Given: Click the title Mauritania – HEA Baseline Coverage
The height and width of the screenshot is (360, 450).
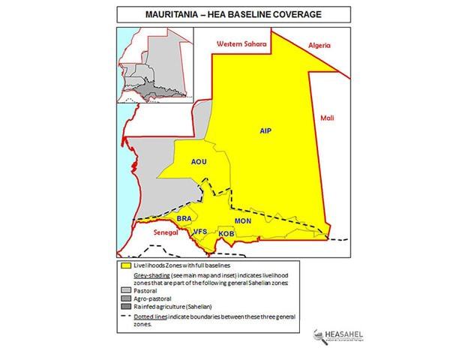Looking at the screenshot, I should [225, 14].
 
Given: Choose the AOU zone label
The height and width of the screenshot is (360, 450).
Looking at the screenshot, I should [199, 161].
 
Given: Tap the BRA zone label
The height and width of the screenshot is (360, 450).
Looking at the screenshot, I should [184, 218].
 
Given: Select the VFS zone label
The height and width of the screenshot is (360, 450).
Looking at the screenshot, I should [200, 232].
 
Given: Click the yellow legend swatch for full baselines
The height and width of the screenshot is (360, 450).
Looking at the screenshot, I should [124, 266].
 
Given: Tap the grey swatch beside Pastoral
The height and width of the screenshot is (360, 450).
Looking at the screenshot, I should [124, 291].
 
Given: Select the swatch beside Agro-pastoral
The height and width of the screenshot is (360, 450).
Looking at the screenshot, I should [124, 299].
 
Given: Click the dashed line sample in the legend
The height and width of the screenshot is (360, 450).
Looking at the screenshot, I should [124, 316].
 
